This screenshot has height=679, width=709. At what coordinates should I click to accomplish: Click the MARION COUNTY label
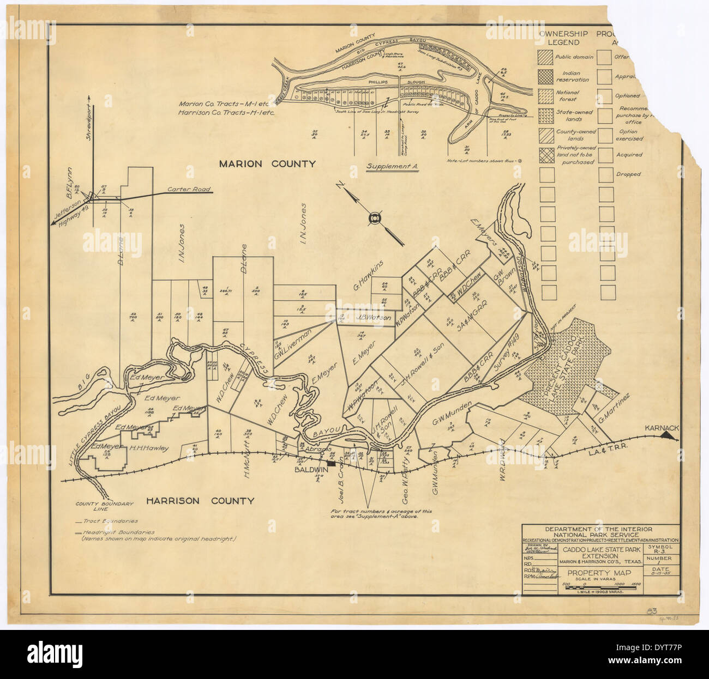(x=267, y=163)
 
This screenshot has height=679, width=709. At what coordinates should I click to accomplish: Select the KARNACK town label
(x=662, y=428)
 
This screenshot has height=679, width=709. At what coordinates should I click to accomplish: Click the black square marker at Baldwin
(x=330, y=462)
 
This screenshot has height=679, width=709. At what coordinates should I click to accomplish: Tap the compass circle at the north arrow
(x=374, y=219)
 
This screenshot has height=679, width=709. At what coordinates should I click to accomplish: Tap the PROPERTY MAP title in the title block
(x=599, y=573)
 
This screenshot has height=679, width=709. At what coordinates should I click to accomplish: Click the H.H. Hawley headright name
(x=149, y=449)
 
